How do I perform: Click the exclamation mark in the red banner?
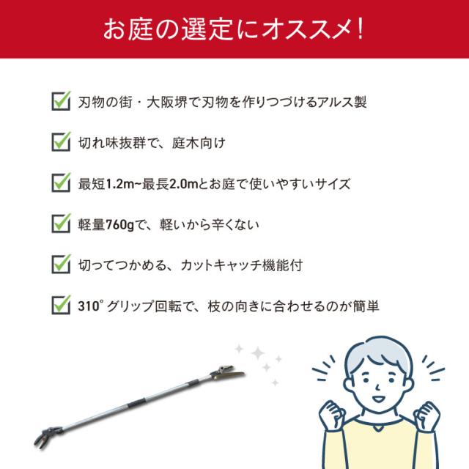tap(360, 29)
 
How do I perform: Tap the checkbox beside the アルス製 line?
tap(61, 101)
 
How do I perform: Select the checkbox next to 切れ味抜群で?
tap(61, 141)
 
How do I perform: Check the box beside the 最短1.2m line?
tap(61, 182)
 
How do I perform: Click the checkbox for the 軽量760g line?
tap(61, 223)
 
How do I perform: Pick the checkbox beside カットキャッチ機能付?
tap(61, 264)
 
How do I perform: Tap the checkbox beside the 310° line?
tap(61, 305)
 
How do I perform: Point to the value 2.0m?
tap(184, 184)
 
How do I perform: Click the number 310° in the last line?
tap(90, 306)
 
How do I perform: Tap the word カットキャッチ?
tap(221, 265)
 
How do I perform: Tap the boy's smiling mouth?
tap(378, 399)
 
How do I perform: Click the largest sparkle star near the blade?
tap(258, 353)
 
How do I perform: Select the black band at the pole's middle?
tap(137, 403)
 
